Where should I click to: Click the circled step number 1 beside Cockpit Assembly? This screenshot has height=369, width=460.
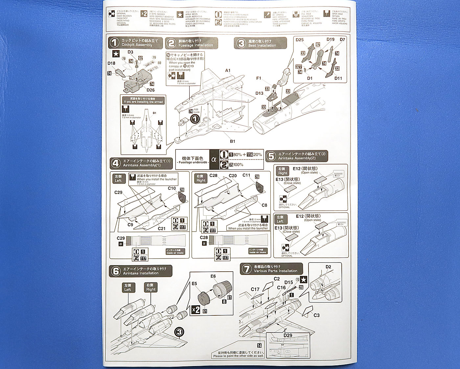114,42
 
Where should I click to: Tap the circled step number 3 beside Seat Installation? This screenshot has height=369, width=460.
241,43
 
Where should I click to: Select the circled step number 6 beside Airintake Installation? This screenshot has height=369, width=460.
116,271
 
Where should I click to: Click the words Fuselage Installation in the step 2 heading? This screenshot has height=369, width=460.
195,45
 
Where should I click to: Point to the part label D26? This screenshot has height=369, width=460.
150,90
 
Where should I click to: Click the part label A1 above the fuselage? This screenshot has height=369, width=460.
228,70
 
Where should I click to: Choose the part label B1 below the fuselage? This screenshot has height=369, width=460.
232,141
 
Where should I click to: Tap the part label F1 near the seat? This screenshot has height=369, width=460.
259,78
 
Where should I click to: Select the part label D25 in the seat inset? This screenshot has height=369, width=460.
299,40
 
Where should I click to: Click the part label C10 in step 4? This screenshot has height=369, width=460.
172,188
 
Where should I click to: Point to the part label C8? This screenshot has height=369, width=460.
264,205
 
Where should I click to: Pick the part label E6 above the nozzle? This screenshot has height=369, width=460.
213,276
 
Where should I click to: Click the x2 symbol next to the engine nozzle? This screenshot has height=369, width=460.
195,309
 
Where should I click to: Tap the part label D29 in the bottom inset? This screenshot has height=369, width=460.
288,335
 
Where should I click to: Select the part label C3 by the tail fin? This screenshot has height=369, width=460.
316,315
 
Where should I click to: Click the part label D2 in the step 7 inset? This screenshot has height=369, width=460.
328,267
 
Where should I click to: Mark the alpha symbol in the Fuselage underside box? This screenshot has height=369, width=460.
214,160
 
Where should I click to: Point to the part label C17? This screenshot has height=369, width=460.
255,289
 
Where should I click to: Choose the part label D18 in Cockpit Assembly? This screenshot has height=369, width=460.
111,63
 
